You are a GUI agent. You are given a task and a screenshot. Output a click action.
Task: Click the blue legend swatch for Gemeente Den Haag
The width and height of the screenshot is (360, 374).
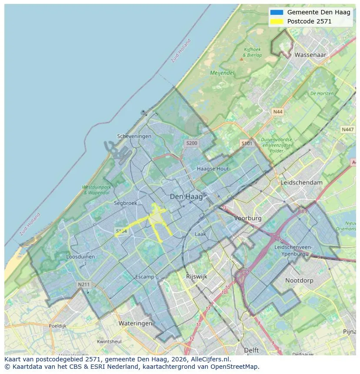click(276, 13)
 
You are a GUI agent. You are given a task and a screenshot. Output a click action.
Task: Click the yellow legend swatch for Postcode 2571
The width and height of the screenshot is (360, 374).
click(276, 21)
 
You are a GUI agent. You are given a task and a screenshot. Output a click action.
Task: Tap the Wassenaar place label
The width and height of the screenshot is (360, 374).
click(310, 55)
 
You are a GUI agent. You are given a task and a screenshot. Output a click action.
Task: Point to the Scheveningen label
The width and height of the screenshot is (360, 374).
click(134, 136)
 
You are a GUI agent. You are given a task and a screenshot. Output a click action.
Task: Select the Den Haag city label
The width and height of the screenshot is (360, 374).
click(186, 197)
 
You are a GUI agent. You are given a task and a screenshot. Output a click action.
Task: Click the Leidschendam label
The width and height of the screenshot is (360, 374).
click(302, 182)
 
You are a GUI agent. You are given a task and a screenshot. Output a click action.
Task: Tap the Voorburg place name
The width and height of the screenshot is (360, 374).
click(248, 218)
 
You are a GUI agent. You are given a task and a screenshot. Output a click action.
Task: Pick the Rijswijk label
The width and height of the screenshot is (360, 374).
click(197, 276)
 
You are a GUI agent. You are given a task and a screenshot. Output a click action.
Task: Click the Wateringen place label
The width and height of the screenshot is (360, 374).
click(135, 324)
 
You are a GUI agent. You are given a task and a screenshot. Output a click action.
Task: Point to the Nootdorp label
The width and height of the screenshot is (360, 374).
click(299, 281)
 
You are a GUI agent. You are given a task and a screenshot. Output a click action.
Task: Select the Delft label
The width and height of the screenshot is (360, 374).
click(251, 350)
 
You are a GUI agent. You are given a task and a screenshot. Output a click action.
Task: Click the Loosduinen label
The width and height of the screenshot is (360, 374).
click(80, 257)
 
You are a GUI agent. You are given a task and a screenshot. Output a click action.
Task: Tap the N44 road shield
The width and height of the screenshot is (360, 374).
click(277, 112)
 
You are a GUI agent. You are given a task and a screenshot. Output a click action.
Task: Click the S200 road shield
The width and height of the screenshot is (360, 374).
click(191, 143)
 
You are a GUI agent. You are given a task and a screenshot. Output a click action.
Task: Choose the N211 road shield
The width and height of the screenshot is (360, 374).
click(84, 285)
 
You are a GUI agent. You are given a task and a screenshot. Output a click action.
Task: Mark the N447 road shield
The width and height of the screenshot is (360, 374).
click(347, 129)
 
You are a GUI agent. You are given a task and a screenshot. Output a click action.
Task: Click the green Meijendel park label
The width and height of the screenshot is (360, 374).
click(222, 73)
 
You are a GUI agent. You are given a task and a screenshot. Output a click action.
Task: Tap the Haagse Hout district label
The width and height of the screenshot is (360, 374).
click(213, 169)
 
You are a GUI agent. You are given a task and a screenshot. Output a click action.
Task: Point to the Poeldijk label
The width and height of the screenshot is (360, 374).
click(57, 325)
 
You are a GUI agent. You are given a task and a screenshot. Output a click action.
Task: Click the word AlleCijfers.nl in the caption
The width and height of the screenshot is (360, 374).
click(208, 360)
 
